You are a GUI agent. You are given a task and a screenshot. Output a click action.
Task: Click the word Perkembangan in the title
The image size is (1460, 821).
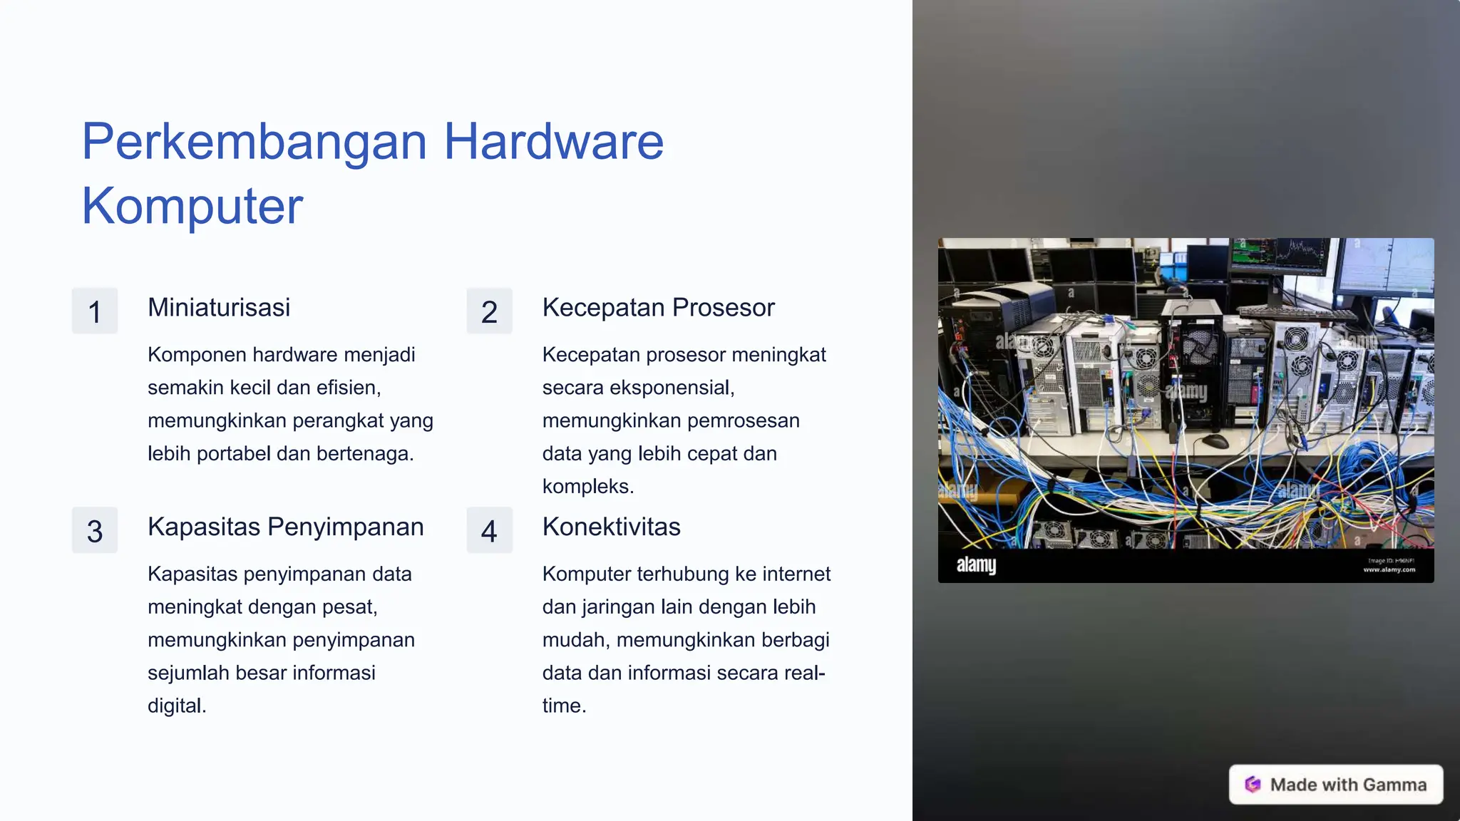[255, 142]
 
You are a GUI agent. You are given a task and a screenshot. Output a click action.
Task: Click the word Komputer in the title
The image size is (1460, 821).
[192, 206]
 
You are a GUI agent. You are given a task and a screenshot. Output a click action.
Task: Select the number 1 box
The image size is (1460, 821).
[95, 311]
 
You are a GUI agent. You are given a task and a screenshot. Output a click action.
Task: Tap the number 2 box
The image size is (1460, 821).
[489, 311]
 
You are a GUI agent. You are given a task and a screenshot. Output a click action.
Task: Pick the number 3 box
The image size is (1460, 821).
[95, 531]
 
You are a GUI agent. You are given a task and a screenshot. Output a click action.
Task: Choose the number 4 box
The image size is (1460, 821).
[489, 531]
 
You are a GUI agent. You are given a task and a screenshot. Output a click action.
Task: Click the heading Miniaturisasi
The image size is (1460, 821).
[219, 308]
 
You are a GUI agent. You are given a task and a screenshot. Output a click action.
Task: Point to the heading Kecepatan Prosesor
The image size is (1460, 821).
[658, 308]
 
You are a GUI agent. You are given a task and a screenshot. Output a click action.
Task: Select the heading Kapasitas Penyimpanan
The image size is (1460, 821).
[285, 527]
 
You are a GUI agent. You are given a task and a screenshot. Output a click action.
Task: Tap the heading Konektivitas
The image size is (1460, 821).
[611, 527]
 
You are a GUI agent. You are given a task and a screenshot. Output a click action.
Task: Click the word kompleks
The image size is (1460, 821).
[587, 487]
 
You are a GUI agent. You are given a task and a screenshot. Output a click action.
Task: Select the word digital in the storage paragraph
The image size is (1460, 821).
[176, 706]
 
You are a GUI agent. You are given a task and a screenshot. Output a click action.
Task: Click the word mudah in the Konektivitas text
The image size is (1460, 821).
[575, 640]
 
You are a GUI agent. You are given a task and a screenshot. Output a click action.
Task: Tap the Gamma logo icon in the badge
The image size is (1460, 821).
[1253, 785]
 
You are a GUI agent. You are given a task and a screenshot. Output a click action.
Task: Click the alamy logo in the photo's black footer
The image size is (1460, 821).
[976, 565]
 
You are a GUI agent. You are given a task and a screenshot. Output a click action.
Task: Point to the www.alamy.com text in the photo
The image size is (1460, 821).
[1389, 569]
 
